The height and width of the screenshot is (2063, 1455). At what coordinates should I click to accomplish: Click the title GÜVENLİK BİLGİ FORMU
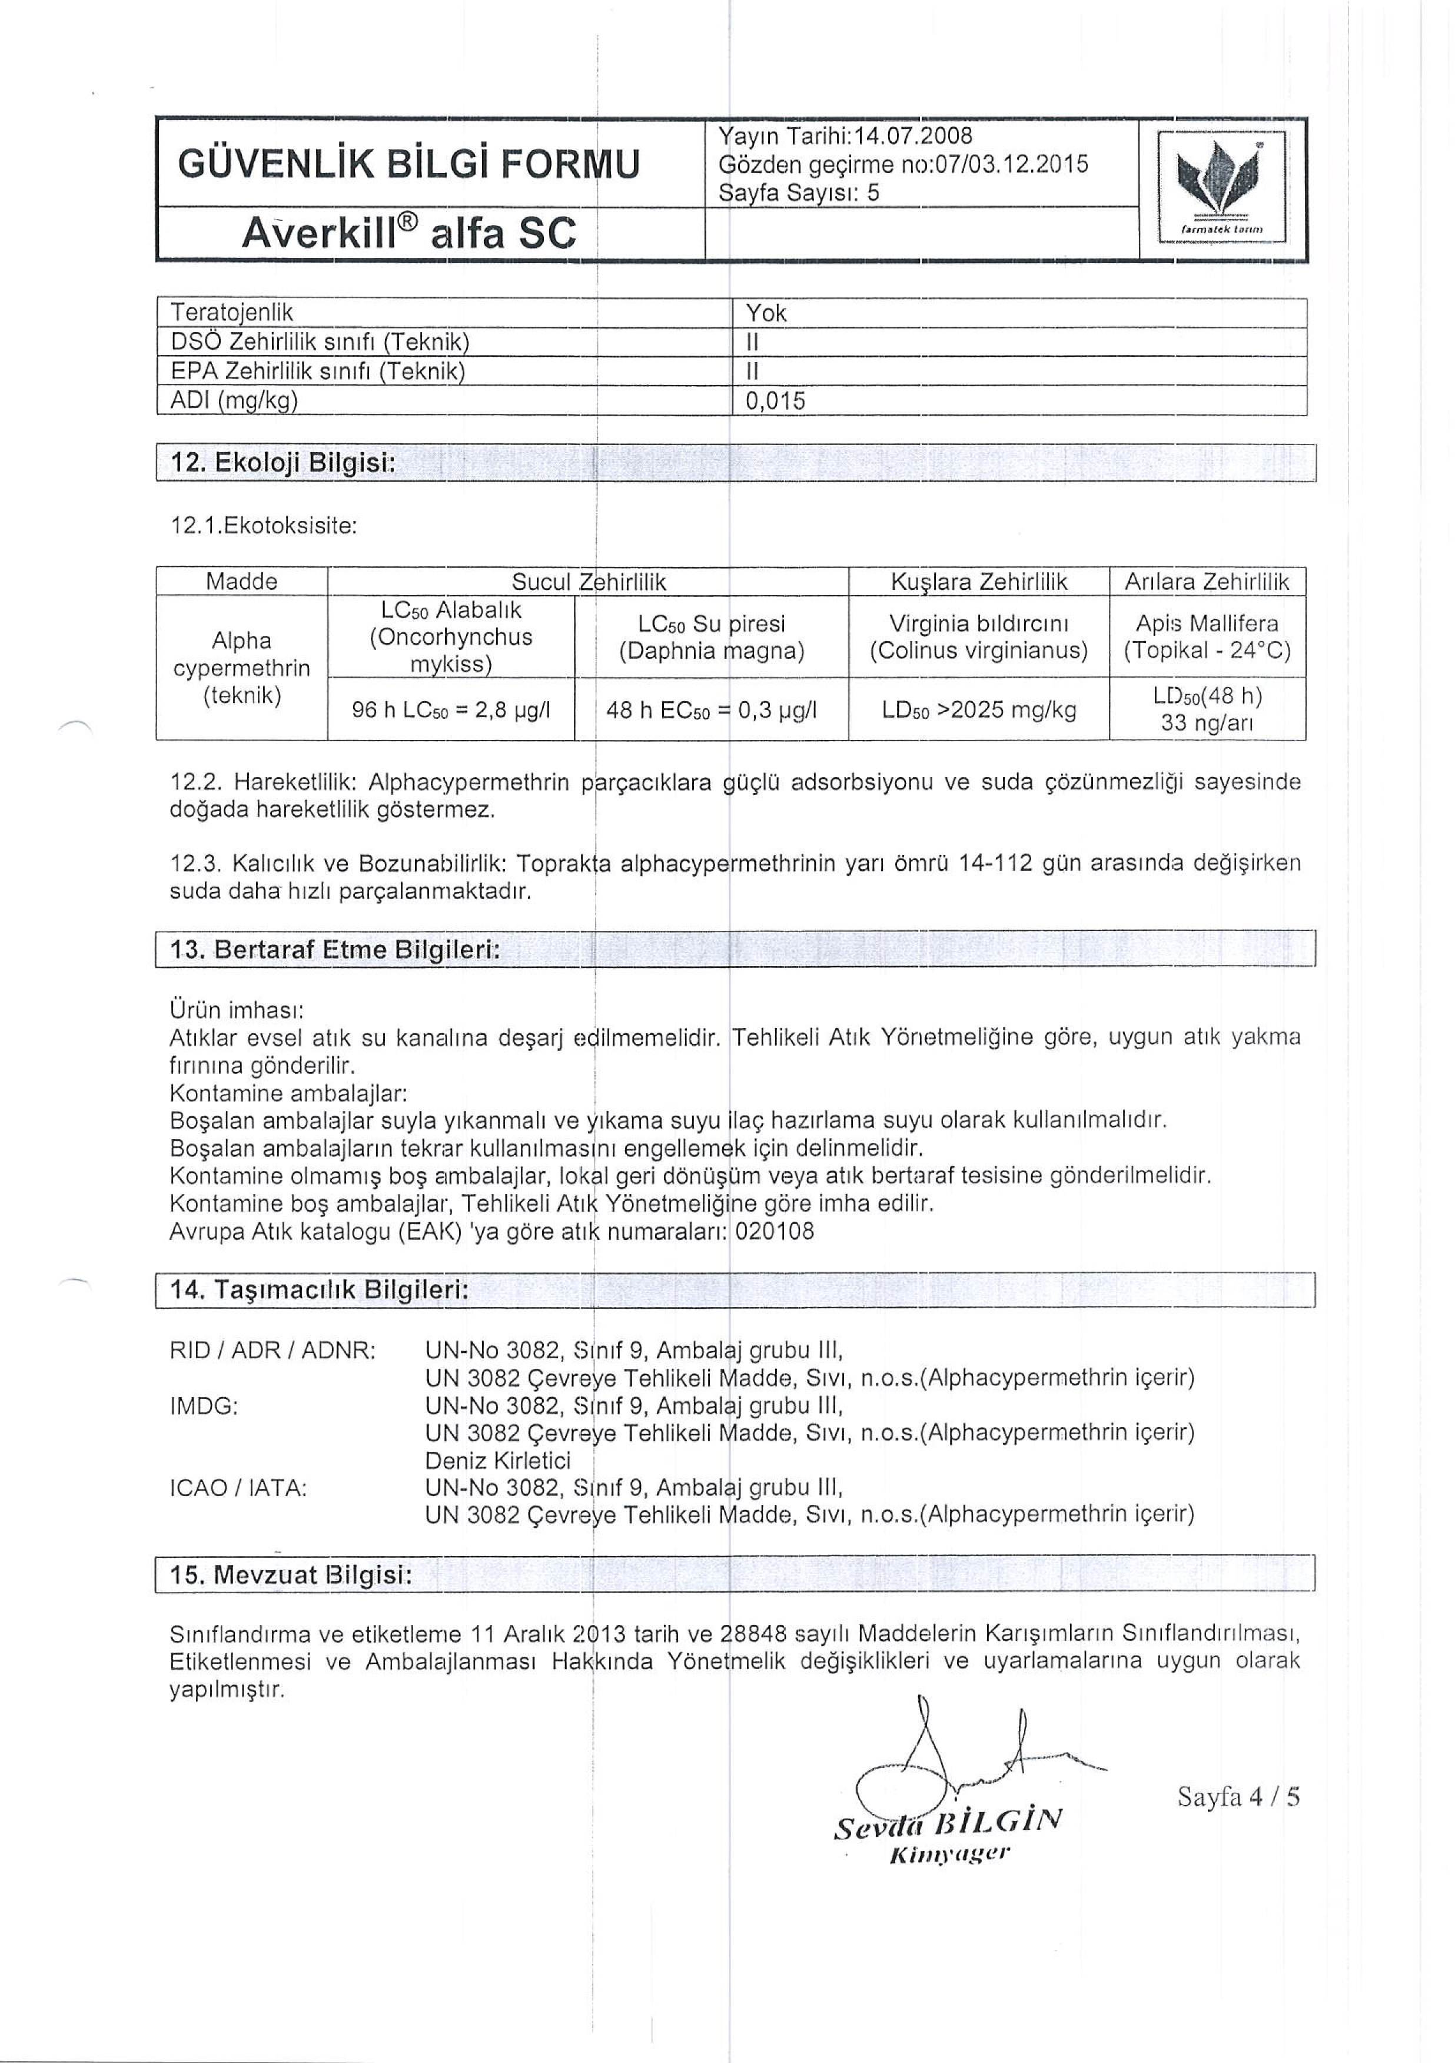click(x=408, y=164)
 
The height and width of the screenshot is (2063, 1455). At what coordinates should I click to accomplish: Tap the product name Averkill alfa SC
click(x=408, y=234)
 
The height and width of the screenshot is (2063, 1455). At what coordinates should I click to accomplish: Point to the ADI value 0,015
click(x=776, y=401)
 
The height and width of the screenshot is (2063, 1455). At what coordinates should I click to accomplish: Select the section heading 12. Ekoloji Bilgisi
click(x=284, y=463)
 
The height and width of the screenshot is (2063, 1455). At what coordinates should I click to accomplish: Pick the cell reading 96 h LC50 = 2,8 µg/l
click(x=451, y=710)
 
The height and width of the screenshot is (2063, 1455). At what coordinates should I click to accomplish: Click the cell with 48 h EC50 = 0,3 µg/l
click(x=712, y=710)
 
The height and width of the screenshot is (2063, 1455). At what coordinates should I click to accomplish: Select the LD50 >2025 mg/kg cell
click(x=979, y=710)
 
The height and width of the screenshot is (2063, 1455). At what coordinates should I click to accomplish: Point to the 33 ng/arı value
click(x=1207, y=724)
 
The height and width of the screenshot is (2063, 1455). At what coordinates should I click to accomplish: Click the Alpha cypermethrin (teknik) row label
click(x=241, y=668)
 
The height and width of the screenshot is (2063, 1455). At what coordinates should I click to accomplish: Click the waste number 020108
click(x=774, y=1231)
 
